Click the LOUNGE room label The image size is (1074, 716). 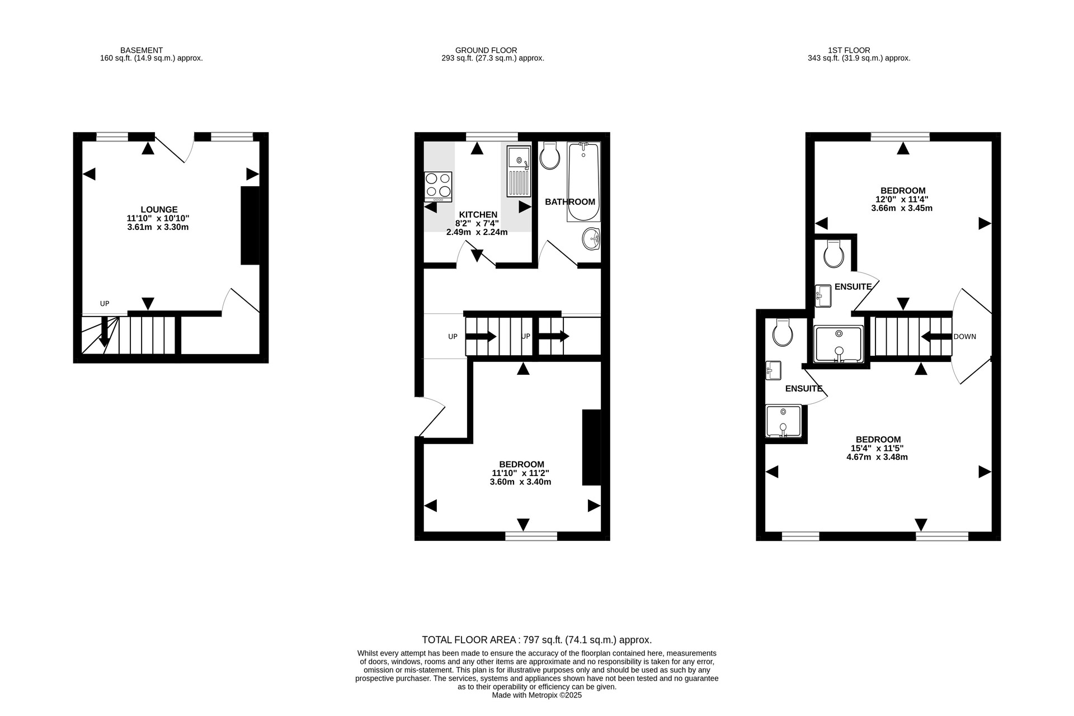click(x=159, y=210)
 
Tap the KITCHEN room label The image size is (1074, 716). click(x=478, y=215)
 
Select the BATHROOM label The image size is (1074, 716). click(x=570, y=202)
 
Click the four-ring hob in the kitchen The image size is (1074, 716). click(x=438, y=187)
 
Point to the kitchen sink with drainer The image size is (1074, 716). click(x=519, y=171)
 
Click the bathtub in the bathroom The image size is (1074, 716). click(x=583, y=182)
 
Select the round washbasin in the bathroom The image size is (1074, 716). click(x=591, y=239)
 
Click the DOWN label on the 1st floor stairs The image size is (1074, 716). click(x=965, y=337)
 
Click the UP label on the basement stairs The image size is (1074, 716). click(x=105, y=304)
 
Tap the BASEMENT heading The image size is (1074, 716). click(x=142, y=50)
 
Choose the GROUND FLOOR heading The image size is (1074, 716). click(x=486, y=50)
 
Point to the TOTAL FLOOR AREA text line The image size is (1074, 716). click(x=537, y=640)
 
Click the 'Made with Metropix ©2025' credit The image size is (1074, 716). click(x=537, y=695)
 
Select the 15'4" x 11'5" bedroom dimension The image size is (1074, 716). click(x=877, y=448)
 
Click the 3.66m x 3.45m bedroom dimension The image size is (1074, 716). click(x=902, y=208)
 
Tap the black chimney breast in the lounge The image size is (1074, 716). click(x=250, y=225)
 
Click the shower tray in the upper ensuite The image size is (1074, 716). click(x=839, y=344)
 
